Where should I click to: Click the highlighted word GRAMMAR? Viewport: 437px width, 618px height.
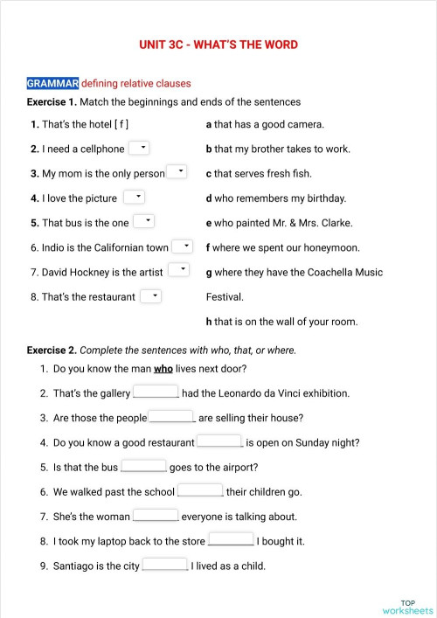[x=52, y=83]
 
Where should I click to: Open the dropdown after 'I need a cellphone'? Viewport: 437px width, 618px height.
[x=140, y=148]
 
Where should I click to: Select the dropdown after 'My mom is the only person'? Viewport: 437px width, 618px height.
[x=177, y=171]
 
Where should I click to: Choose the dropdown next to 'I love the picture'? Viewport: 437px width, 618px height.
[x=134, y=197]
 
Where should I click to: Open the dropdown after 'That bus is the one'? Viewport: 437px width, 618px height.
[x=144, y=221]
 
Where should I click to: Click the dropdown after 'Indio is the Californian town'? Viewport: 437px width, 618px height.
[x=182, y=247]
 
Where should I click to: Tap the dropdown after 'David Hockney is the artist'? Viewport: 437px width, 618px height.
[x=178, y=270]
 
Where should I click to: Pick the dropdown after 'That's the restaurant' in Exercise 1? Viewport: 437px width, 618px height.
[x=151, y=296]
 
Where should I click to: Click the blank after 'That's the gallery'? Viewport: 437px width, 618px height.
[x=156, y=392]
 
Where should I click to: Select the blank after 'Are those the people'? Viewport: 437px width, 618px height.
[x=171, y=417]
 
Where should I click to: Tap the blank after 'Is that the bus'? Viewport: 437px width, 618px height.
[x=144, y=466]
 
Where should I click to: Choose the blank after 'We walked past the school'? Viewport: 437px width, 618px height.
[x=200, y=491]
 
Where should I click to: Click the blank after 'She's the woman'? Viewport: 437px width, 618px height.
[x=156, y=516]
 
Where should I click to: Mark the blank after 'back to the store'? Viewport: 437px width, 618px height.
[x=232, y=540]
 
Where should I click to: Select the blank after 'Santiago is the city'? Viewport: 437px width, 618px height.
[x=165, y=565]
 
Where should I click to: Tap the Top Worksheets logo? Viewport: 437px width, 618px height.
[x=407, y=607]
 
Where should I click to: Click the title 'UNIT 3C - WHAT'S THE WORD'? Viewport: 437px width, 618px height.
[x=218, y=45]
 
